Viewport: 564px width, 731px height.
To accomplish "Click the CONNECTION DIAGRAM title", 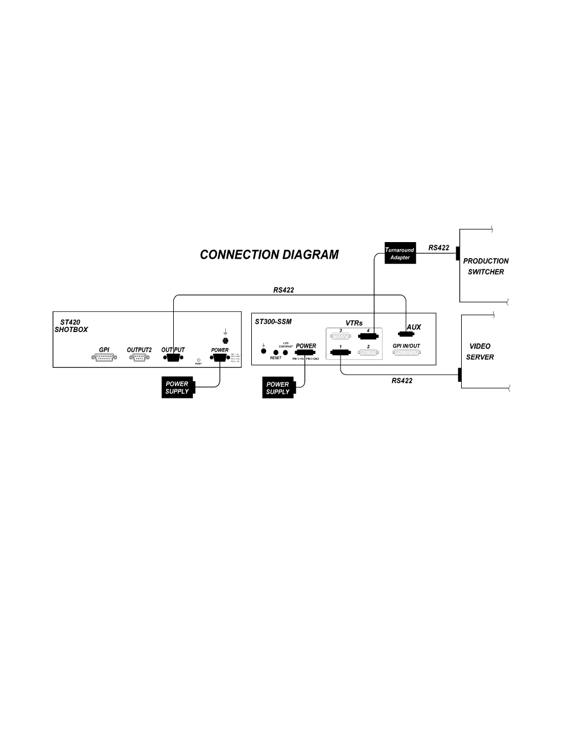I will click(269, 255).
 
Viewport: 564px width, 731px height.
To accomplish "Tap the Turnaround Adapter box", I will click(400, 253).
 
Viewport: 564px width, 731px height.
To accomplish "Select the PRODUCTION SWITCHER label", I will click(486, 266).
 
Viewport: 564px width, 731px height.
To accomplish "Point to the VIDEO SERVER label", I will click(480, 352).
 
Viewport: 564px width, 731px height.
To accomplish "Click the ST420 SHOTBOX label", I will click(71, 326).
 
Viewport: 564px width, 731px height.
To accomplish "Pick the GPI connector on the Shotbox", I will click(104, 358).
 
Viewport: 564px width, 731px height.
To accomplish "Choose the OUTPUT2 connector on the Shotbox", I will click(139, 358).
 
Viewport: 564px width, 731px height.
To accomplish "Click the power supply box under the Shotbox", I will click(177, 388).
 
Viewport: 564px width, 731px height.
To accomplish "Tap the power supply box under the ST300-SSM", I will click(278, 388).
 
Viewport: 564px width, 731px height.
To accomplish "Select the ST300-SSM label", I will click(273, 322).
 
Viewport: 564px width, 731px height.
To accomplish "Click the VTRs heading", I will click(354, 323).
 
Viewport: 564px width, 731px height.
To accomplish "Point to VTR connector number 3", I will click(341, 337).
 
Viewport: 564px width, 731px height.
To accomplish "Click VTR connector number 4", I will click(368, 337).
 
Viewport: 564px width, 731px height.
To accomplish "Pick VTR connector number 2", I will click(368, 353).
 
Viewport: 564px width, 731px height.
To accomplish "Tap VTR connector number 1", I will click(341, 353).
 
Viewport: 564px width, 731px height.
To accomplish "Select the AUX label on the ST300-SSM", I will click(414, 327).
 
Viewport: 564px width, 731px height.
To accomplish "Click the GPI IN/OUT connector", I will click(406, 353).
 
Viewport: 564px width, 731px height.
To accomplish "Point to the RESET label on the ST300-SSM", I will click(275, 359).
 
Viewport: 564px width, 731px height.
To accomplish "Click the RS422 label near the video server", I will click(401, 381).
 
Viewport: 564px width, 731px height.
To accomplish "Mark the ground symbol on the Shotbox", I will click(225, 333).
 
